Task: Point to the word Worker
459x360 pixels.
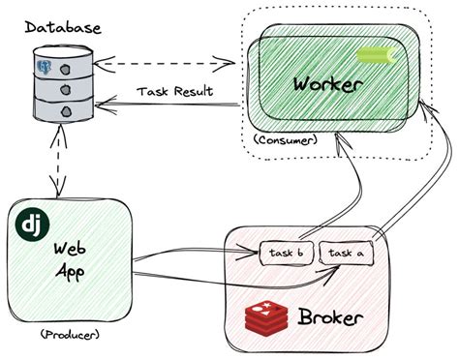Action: point(327,83)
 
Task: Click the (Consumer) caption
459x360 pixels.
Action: point(286,140)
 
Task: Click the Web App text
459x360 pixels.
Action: point(71,259)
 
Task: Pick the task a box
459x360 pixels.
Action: point(347,254)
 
